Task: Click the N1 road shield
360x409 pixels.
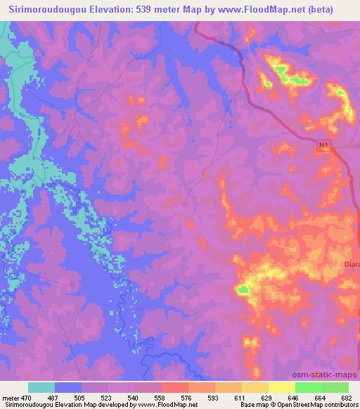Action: click(x=323, y=145)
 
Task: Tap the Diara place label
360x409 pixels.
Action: click(x=352, y=264)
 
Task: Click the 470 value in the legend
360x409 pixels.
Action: click(x=24, y=398)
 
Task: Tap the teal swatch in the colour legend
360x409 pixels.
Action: click(x=41, y=387)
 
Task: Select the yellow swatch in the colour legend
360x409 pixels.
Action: click(x=282, y=387)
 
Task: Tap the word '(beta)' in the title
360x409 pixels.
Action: click(x=318, y=9)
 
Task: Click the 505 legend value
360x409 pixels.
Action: click(x=79, y=398)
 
